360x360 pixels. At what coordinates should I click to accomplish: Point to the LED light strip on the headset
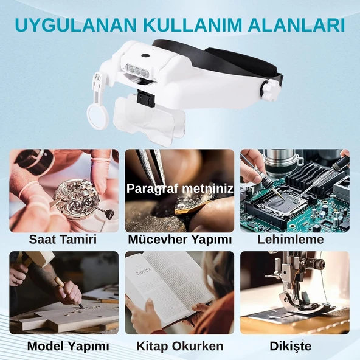point(138,68)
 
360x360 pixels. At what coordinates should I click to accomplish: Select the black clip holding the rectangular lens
point(144,97)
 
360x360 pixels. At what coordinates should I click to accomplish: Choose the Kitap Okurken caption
point(179,347)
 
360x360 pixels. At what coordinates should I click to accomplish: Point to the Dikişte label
point(294,347)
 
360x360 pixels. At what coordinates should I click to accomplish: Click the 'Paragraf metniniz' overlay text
point(179,189)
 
